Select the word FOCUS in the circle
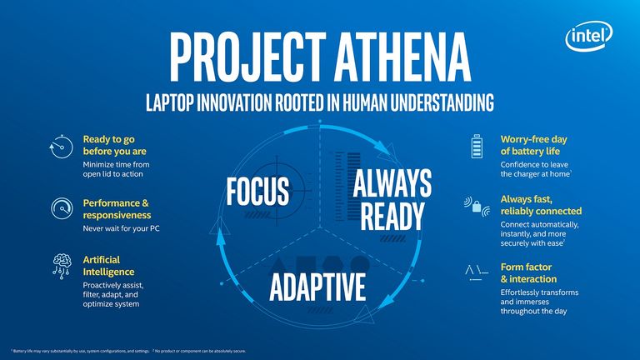pyautogui.click(x=257, y=191)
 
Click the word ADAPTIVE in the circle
pyautogui.click(x=318, y=287)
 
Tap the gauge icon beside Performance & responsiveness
pyautogui.click(x=60, y=207)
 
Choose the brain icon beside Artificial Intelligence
pyautogui.click(x=60, y=263)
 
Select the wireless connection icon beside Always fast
pyautogui.click(x=477, y=205)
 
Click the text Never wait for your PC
pyautogui.click(x=122, y=227)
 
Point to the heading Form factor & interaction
pyautogui.click(x=528, y=273)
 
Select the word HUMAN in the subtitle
pyautogui.click(x=381, y=103)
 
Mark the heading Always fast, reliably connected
pyautogui.click(x=540, y=205)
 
